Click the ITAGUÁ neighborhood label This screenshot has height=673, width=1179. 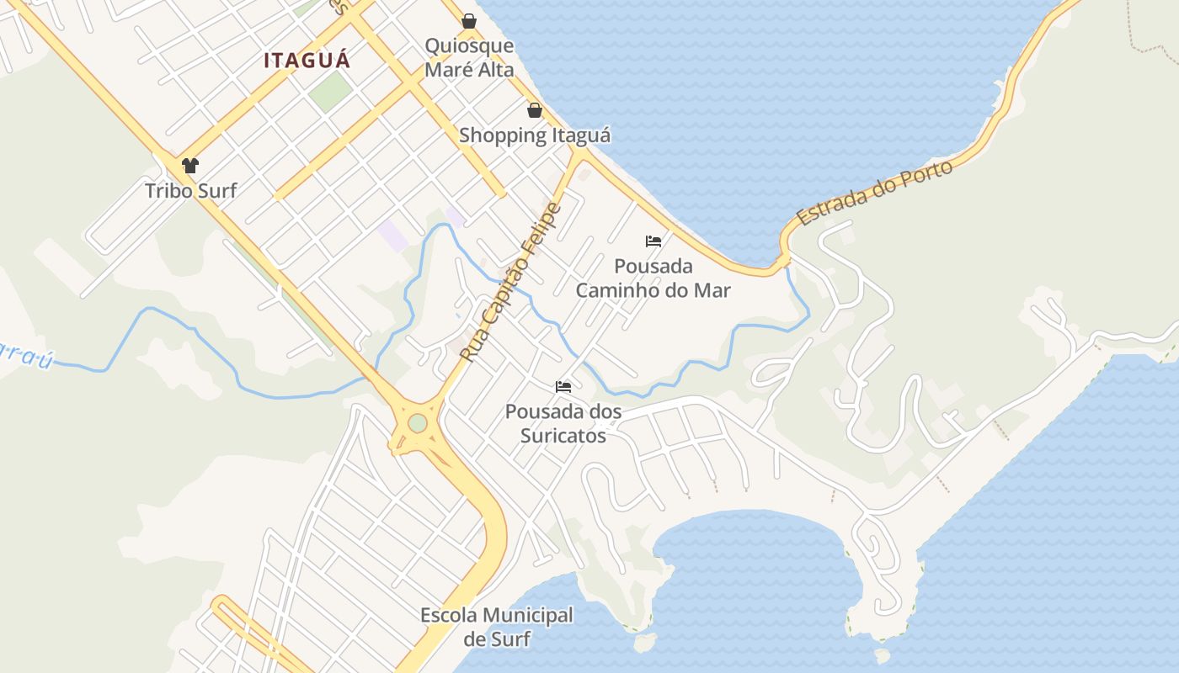click(307, 61)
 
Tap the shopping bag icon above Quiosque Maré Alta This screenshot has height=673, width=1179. click(469, 20)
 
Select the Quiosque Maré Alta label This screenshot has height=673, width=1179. click(469, 57)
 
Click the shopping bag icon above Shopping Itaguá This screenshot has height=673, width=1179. click(534, 110)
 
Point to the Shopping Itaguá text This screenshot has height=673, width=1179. click(534, 135)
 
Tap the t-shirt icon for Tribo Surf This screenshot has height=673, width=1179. click(190, 165)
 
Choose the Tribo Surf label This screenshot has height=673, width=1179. click(190, 190)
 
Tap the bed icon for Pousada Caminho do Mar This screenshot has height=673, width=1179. click(654, 241)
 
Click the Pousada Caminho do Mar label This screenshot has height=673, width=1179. click(654, 278)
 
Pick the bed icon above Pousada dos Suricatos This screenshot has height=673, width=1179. click(563, 387)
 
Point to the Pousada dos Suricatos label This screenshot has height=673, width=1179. click(563, 424)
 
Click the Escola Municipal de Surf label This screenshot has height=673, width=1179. click(497, 627)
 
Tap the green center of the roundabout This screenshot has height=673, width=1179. click(418, 422)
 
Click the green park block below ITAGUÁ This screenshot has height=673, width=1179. click(329, 91)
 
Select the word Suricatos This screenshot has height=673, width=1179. click(563, 436)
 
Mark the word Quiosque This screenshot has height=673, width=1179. click(469, 45)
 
